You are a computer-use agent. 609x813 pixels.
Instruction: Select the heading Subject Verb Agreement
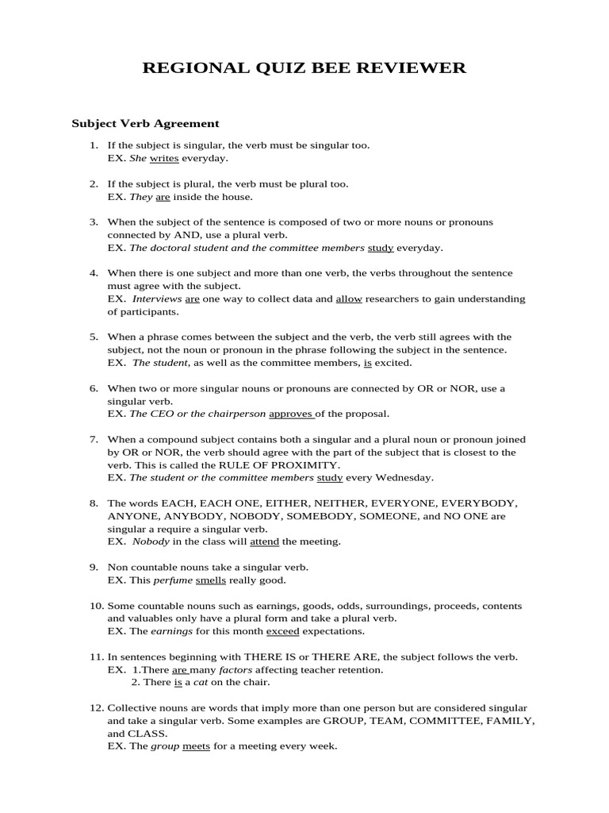(145, 124)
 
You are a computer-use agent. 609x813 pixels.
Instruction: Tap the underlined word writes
(164, 159)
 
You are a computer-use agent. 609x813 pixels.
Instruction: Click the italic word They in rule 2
(140, 197)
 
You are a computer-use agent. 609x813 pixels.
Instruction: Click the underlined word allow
(349, 299)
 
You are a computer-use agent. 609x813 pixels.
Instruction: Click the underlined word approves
(291, 414)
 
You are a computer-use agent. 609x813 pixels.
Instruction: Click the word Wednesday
(406, 478)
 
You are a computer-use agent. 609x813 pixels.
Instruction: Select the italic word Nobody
(151, 541)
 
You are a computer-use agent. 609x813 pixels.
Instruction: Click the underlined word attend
(264, 541)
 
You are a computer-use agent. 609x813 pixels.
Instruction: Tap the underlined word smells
(211, 580)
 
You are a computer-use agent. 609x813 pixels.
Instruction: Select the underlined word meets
(196, 746)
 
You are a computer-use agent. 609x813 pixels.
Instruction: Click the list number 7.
(94, 439)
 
